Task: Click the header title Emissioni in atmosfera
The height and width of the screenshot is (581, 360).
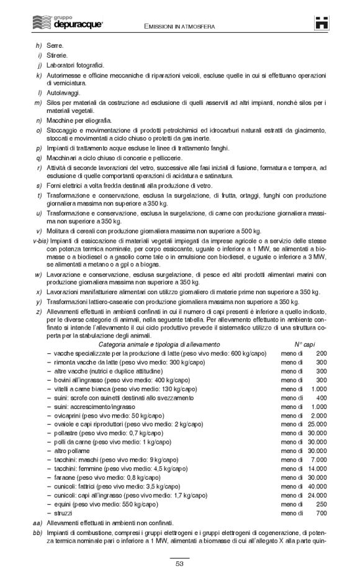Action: (180, 27)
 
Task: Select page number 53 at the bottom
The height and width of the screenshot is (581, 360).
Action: (179, 564)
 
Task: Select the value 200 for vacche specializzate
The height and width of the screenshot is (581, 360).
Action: (321, 353)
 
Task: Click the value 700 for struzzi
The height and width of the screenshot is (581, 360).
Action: (321, 513)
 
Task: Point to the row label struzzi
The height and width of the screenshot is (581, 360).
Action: (63, 513)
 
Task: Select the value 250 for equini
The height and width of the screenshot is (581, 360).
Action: (321, 505)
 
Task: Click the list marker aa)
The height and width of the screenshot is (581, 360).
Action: (37, 523)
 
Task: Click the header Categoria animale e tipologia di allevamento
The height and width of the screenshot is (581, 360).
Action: (159, 344)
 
